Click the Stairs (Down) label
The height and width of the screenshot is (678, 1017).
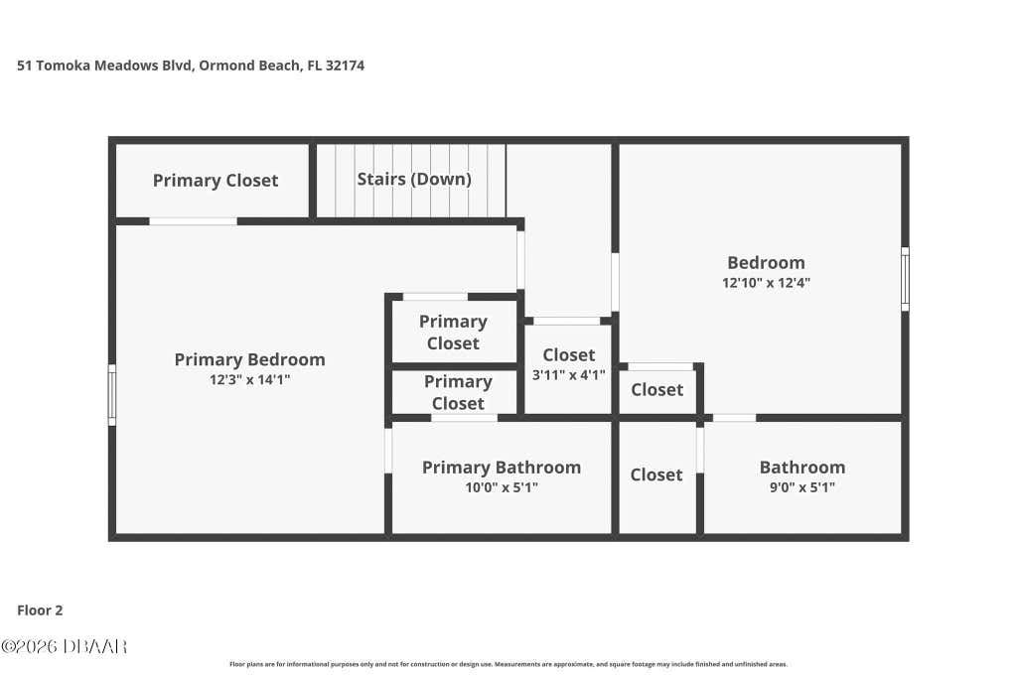click(414, 179)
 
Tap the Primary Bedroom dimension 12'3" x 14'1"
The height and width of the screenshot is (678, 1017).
click(249, 379)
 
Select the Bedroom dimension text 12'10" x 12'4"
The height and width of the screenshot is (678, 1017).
click(766, 283)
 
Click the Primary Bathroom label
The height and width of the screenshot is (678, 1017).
click(502, 468)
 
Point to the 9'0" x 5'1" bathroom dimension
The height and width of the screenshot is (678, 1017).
click(802, 487)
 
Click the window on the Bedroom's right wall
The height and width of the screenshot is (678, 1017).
click(905, 279)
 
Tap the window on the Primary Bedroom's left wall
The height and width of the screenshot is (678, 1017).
click(111, 395)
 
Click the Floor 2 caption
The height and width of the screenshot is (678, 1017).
click(40, 610)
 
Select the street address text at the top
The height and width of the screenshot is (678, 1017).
click(191, 66)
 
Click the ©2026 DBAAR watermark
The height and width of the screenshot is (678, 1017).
click(64, 646)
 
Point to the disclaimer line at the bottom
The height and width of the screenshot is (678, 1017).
click(508, 664)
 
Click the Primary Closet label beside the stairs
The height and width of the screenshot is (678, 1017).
click(216, 181)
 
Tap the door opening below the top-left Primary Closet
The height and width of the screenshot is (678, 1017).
click(194, 221)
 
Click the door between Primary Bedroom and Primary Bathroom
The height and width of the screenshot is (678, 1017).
click(388, 450)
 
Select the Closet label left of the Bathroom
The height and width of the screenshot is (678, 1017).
click(656, 475)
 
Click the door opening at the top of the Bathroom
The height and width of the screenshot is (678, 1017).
click(734, 418)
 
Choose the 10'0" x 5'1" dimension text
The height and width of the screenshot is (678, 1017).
click(502, 487)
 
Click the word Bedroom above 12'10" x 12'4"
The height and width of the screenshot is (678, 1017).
click(766, 262)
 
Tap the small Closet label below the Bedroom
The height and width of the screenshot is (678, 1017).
click(657, 389)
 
